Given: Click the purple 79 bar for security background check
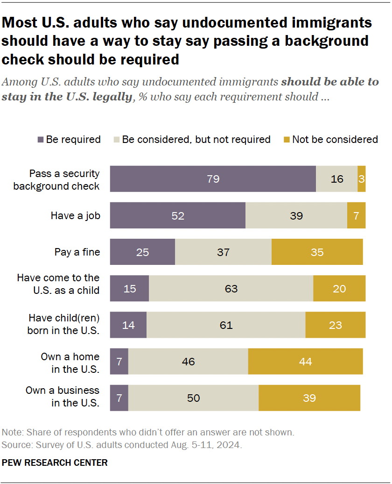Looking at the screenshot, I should point(213,179).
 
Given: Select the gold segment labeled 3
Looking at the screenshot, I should point(361,179).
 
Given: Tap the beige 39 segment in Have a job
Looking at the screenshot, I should point(296,215).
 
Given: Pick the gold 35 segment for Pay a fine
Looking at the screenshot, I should point(317,252).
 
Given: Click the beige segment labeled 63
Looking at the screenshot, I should point(231,289).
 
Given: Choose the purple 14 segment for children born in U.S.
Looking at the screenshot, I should point(128,325).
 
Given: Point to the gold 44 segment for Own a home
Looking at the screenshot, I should point(305,361).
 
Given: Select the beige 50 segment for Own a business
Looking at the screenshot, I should point(193,398).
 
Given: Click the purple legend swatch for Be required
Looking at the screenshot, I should point(40,140).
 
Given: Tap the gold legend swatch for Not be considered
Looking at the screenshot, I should point(287,140).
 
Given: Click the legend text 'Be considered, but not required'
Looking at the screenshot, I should point(196,140).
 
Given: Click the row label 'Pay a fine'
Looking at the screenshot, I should point(77,252).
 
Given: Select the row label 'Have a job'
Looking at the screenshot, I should point(75,215).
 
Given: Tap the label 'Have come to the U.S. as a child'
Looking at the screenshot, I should point(58,284).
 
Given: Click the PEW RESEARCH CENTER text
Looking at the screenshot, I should point(55,463).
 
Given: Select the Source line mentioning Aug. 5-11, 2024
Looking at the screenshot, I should point(122,444).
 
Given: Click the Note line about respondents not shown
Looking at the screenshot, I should point(148,432).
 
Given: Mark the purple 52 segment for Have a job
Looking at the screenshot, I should point(178,215).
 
